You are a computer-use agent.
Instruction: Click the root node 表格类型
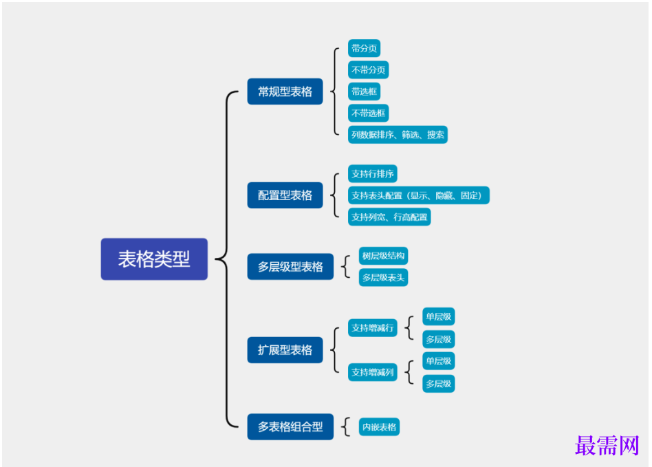point(154,259)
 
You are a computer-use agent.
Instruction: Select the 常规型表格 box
point(285,91)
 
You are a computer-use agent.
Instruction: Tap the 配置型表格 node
point(285,195)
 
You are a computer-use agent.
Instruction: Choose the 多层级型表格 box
point(290,267)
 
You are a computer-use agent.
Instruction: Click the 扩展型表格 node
point(285,350)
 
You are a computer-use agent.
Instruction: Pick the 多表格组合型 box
point(290,427)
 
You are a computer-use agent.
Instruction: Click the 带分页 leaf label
point(364,48)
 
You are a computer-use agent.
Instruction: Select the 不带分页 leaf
point(368,70)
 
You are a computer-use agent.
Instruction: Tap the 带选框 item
point(364,91)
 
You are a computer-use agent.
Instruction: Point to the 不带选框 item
point(368,113)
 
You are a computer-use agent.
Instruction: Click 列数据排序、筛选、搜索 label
point(398,135)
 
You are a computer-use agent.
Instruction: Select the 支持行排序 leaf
point(372,174)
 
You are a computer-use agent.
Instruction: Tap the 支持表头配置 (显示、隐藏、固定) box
point(418,195)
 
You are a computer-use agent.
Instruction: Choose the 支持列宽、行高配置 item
point(389,217)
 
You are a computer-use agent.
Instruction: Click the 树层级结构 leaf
point(384,256)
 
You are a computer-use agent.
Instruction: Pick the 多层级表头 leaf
point(384,278)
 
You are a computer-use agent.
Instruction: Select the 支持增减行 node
point(372,328)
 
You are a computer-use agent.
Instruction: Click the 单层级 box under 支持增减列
point(439,361)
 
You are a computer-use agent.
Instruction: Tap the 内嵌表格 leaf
point(379,427)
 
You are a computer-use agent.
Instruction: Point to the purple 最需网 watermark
point(607,446)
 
